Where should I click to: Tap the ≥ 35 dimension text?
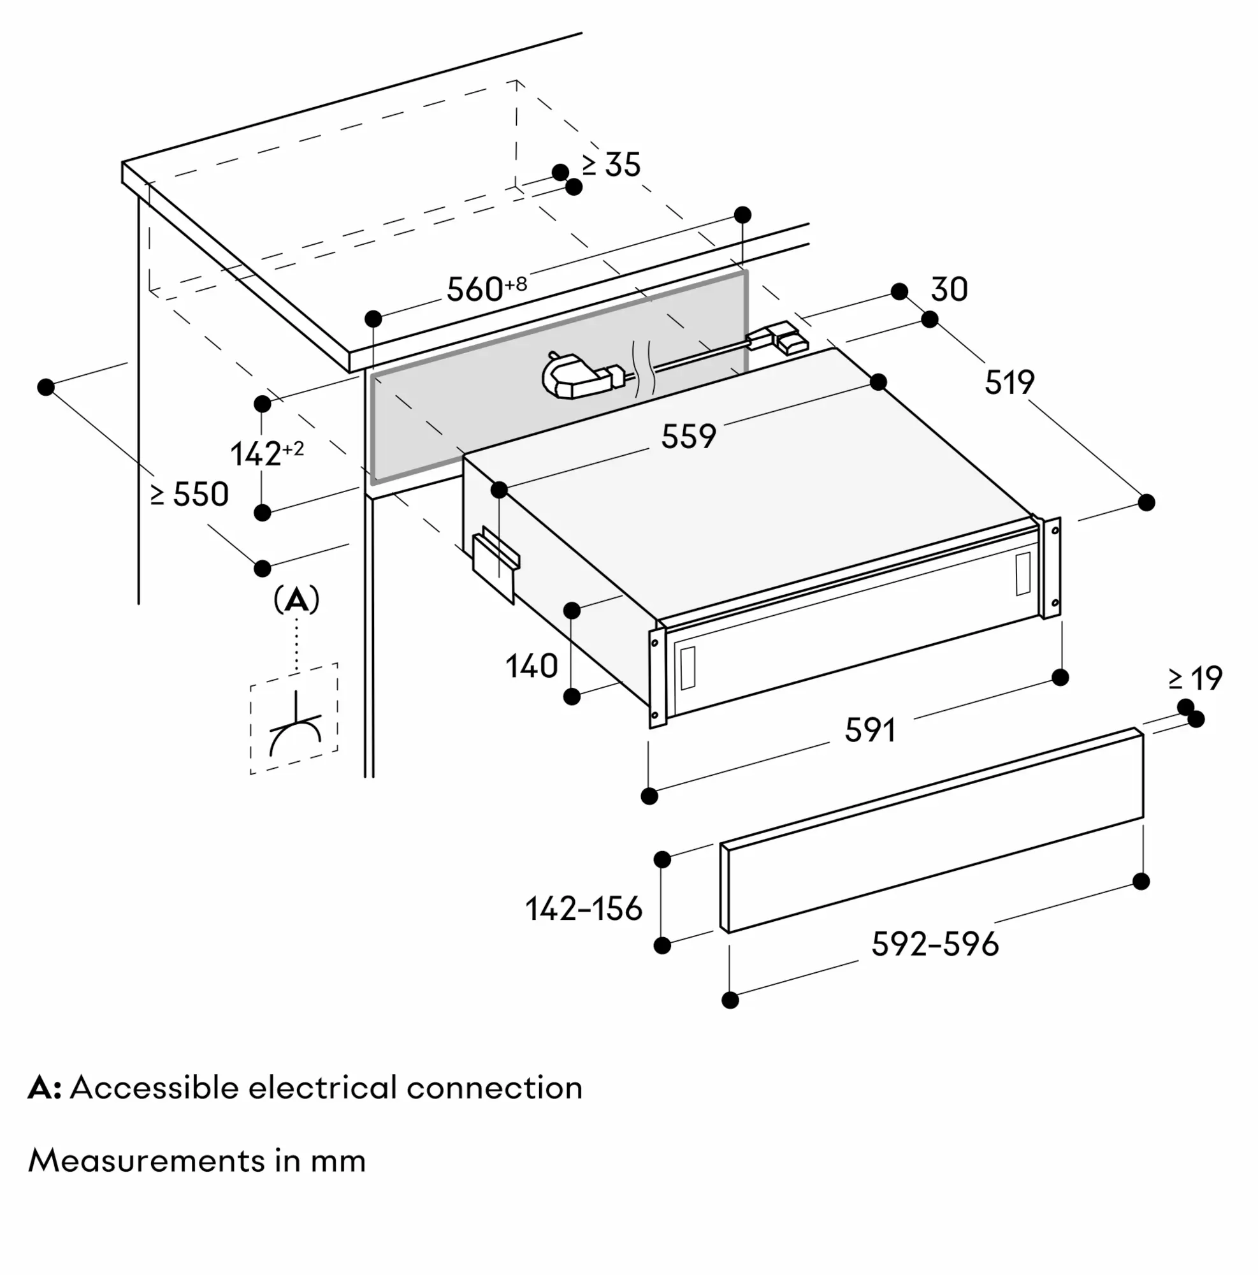[611, 165]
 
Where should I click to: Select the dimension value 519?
[1009, 382]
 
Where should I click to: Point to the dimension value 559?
[688, 437]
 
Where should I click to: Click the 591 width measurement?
[869, 731]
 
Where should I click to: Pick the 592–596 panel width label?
[934, 944]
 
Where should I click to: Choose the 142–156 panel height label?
[583, 908]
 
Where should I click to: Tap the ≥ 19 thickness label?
[1196, 678]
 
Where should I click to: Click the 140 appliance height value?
[531, 666]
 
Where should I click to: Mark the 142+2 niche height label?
[266, 453]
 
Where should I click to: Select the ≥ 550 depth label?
[189, 494]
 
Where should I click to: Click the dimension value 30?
[949, 289]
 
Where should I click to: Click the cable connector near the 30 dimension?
[779, 339]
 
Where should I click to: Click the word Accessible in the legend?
[154, 1088]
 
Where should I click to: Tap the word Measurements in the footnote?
[146, 1161]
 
